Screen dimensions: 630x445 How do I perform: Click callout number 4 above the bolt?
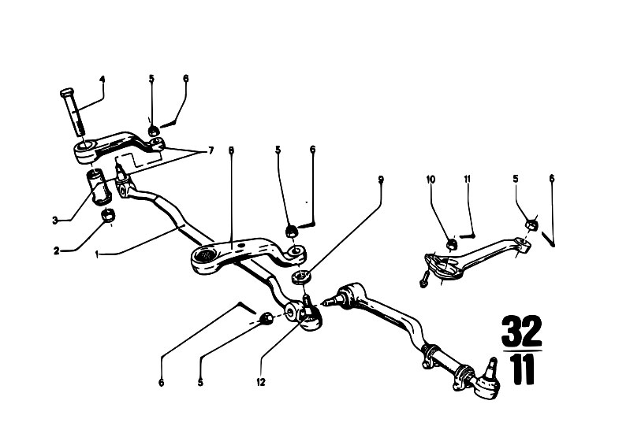coord(103,80)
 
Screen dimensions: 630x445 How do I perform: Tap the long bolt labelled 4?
coord(74,112)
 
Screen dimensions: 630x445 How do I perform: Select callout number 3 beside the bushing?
coord(54,221)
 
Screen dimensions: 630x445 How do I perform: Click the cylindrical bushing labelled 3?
coord(99,187)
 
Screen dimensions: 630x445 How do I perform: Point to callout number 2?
coord(56,251)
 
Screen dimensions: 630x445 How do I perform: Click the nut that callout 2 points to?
coord(108,216)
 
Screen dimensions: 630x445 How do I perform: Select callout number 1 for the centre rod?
coord(97,254)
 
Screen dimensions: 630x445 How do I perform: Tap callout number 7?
coord(211,151)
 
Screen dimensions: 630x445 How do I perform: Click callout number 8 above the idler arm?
coord(231,150)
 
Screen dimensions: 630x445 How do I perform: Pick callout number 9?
coord(380,180)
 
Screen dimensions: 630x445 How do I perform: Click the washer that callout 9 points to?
coord(301,277)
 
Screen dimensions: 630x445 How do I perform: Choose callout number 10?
coord(431,180)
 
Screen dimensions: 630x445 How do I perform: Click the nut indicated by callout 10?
coord(451,243)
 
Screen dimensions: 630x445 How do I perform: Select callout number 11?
coord(468,179)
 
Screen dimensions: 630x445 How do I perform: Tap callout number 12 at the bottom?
coord(261,382)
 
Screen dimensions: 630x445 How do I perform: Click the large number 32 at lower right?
coord(522,332)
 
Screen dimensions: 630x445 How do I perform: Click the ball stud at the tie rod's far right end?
coord(490,368)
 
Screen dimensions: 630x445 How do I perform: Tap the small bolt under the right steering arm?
coord(424,280)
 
